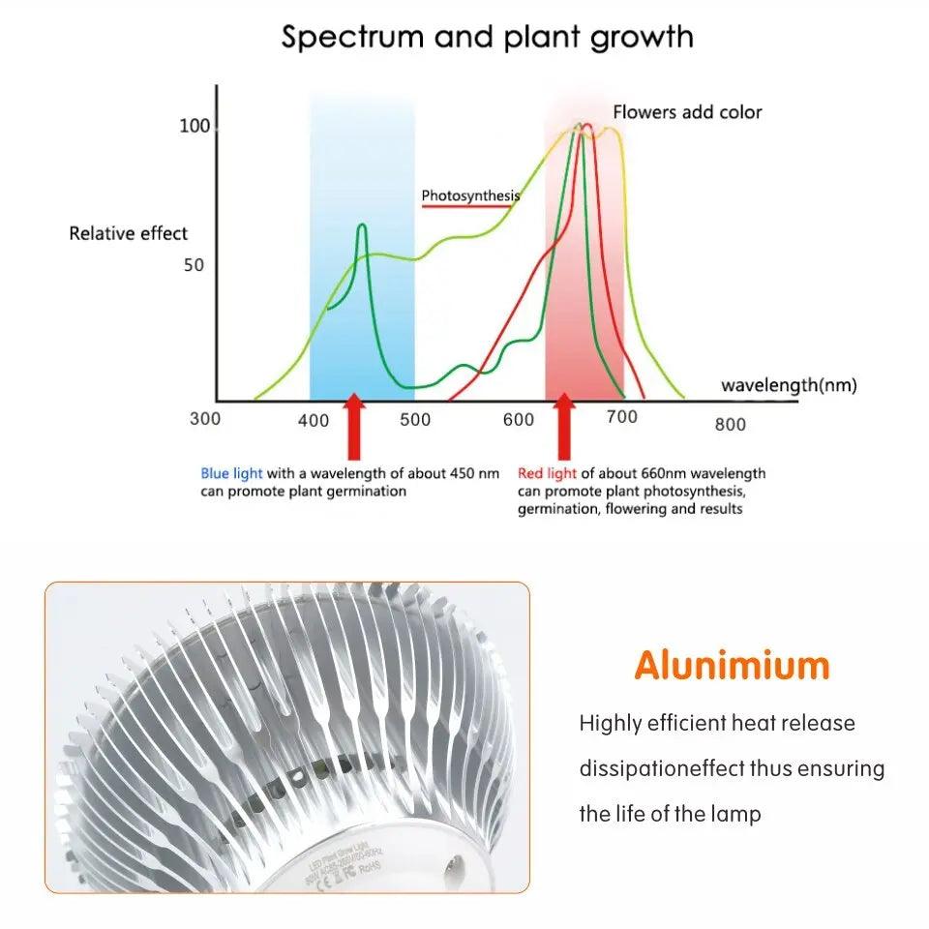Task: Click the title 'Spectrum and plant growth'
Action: coord(487,37)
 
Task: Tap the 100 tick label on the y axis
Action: coord(194,126)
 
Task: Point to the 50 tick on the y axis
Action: coord(194,265)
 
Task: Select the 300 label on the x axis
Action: coord(205,419)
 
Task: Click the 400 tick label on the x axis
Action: coord(314,421)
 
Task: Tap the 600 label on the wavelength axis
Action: coord(519,420)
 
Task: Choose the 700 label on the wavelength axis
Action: coord(622,417)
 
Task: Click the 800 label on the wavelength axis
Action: coord(731,424)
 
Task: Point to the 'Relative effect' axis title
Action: coord(129,233)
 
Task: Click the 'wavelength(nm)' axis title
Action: coord(789,385)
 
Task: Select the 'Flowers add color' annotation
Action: coord(687,112)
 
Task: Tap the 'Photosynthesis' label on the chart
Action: coord(470,195)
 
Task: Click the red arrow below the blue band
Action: coord(354,426)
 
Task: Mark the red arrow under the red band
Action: coord(563,426)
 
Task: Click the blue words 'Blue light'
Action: coord(231,473)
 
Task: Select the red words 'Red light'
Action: coord(547,473)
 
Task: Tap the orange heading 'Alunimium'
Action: coord(732,666)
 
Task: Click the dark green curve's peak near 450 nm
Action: coord(362,225)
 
